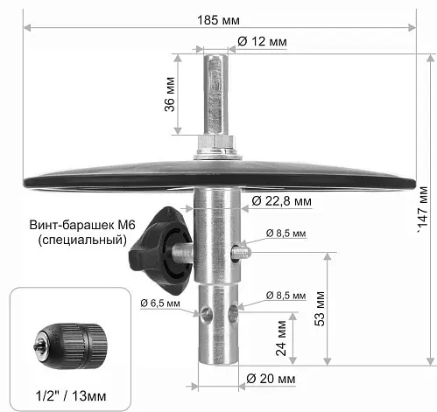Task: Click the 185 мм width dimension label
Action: point(218,20)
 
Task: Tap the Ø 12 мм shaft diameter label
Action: point(262,41)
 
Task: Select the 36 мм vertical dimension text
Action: point(170,94)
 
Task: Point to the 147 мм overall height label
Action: point(423,206)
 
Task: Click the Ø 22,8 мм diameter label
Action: point(281,201)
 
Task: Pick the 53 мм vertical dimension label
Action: point(320,309)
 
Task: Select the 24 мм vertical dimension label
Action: point(281,339)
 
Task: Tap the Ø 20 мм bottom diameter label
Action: point(271,379)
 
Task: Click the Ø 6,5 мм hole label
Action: point(160,303)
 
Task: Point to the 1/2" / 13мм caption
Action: point(71,396)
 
